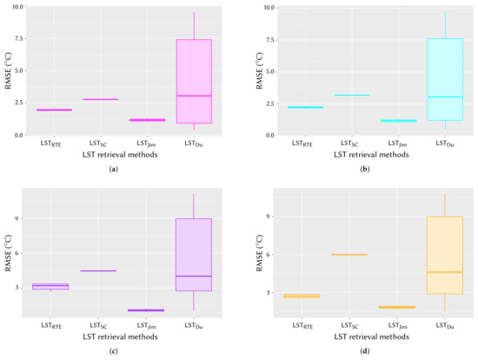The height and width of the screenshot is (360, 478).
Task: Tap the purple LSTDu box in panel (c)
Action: coord(194,261)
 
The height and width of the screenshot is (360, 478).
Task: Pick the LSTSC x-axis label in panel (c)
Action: coord(100,323)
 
